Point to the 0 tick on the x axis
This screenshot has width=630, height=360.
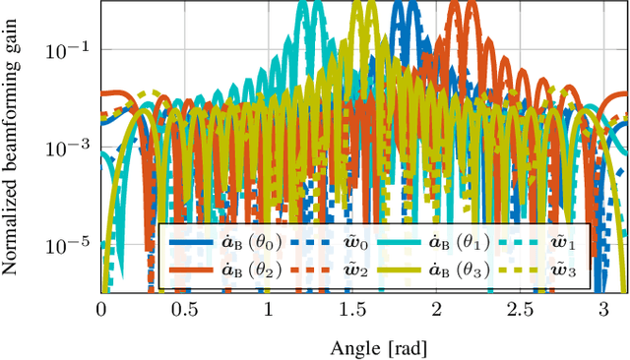tap(101, 309)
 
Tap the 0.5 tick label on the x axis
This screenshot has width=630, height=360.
tap(184, 309)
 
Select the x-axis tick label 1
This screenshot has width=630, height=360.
tap(269, 309)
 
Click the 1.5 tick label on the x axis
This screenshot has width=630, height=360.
tap(352, 309)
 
